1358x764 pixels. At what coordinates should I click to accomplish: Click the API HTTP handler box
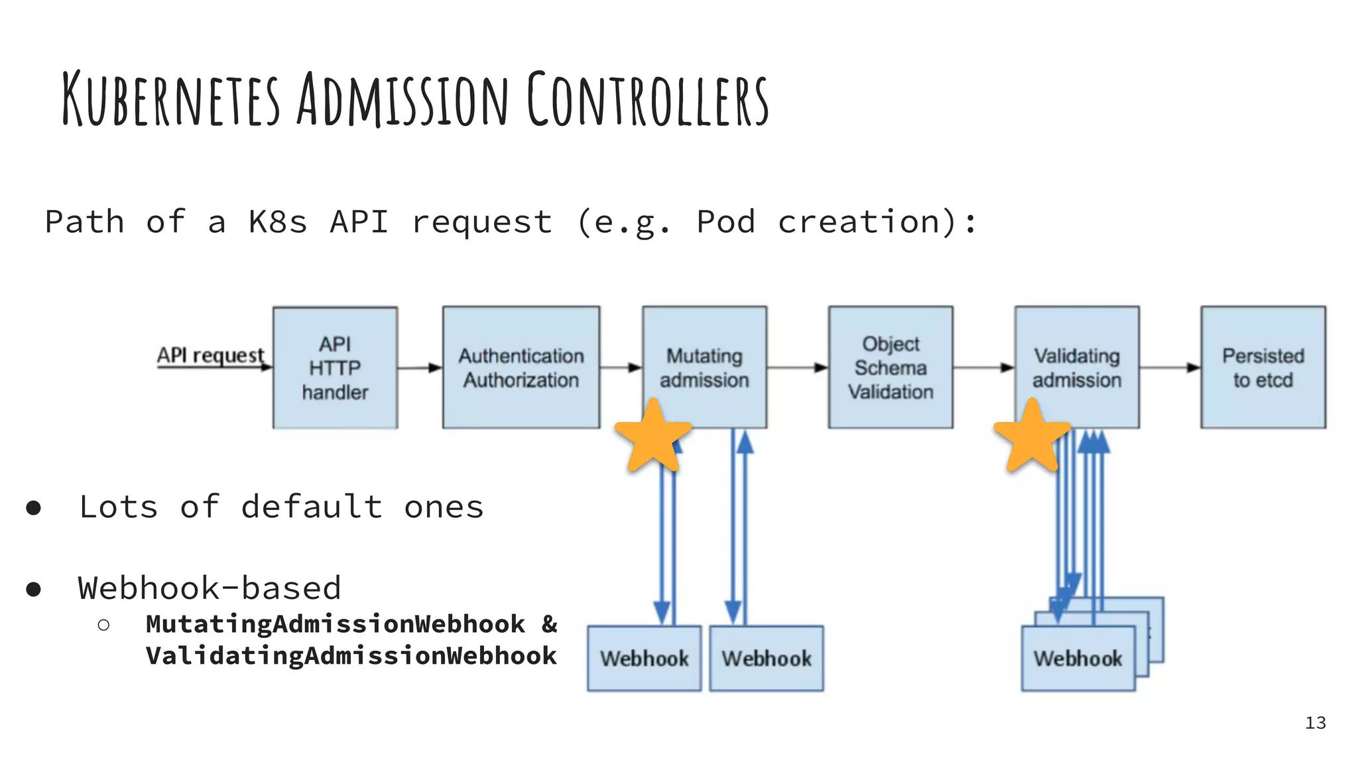pos(335,367)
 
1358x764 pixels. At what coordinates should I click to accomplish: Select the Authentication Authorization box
pos(521,367)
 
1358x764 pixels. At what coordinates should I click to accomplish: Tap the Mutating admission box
pos(704,367)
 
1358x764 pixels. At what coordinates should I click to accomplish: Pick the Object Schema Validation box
pos(891,367)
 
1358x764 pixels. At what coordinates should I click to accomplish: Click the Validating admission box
pos(1077,367)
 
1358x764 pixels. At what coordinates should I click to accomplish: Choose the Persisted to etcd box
pos(1263,367)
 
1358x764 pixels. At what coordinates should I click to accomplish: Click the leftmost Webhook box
pos(644,659)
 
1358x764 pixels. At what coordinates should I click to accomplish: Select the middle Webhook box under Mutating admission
pos(767,659)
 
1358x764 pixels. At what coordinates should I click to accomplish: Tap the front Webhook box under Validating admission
pos(1078,659)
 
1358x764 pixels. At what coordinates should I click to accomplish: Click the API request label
pos(210,355)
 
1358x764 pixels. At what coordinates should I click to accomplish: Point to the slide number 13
pos(1315,723)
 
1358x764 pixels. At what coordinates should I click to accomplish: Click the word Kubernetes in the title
pos(171,99)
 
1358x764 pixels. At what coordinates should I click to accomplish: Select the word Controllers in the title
pos(648,99)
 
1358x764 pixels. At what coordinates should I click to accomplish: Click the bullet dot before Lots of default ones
pos(33,509)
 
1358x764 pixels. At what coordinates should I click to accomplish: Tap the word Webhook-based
pos(209,588)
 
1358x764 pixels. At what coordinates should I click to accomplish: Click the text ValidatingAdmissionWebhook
pos(351,656)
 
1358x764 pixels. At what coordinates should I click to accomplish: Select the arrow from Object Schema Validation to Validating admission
pos(983,367)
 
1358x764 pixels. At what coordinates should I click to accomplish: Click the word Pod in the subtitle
pos(725,222)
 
